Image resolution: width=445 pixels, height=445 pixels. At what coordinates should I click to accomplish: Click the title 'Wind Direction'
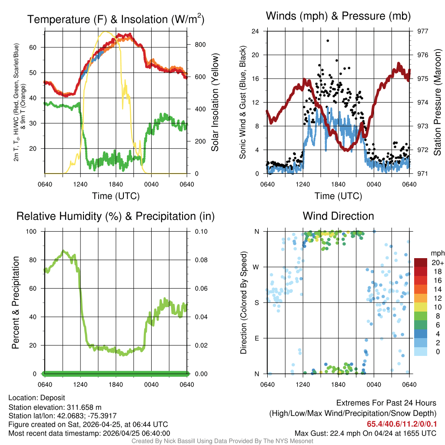pyautogui.click(x=338, y=216)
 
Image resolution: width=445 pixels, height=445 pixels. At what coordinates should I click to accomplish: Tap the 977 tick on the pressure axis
pyautogui.click(x=422, y=31)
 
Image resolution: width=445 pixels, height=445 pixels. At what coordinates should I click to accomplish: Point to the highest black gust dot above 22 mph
pyautogui.click(x=328, y=41)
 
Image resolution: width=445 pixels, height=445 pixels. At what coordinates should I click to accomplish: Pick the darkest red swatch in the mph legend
pyautogui.click(x=421, y=262)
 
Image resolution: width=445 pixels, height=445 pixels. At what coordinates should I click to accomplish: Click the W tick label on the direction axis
pyautogui.click(x=257, y=267)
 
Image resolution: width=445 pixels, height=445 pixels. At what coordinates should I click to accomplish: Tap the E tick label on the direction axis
pyautogui.click(x=257, y=338)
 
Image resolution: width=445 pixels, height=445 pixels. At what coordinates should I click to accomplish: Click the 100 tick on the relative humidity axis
pyautogui.click(x=32, y=232)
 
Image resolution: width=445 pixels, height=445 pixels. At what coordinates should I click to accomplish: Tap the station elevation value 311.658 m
pyautogui.click(x=84, y=407)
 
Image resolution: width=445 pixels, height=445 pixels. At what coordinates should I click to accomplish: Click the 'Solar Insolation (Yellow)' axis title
pyautogui.click(x=215, y=103)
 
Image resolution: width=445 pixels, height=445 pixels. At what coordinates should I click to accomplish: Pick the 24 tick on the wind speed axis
pyautogui.click(x=256, y=31)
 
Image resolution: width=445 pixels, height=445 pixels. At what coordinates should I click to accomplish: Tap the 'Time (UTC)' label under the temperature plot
pyautogui.click(x=116, y=196)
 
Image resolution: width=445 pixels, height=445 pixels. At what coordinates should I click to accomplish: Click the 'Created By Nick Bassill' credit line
pyautogui.click(x=222, y=441)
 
